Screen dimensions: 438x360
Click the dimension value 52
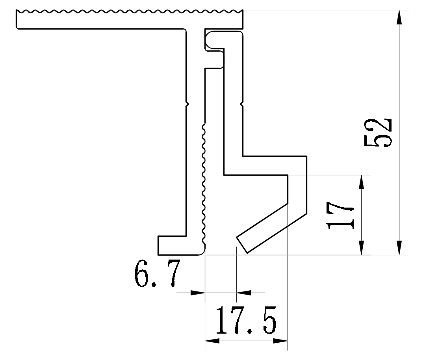(379, 133)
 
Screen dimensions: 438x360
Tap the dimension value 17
(340, 215)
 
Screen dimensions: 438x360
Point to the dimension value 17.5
(246, 320)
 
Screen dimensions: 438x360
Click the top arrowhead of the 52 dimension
(400, 17)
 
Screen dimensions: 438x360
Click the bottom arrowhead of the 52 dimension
(400, 248)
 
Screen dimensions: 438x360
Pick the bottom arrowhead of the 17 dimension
(362, 248)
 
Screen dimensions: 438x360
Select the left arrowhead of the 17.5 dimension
(212, 341)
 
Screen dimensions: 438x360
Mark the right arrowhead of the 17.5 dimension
(280, 341)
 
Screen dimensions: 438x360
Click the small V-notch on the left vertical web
(187, 105)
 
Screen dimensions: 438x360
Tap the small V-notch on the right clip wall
(242, 105)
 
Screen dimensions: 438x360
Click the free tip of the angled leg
(242, 245)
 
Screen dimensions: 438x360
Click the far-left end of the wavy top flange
(17, 19)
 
